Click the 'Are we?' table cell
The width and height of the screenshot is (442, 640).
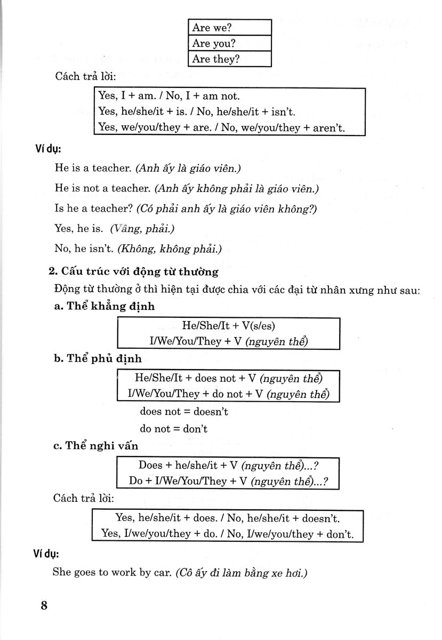pos(230,27)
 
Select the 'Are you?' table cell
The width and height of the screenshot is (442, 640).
pos(230,43)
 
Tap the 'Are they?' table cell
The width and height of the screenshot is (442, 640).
pos(230,59)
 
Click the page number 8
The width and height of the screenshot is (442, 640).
pos(44,606)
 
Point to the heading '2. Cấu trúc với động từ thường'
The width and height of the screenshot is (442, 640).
pos(133,272)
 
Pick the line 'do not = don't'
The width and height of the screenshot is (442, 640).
pos(174,428)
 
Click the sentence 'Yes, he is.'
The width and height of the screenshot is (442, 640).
pos(78,229)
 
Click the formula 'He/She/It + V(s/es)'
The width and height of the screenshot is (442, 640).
pos(228,325)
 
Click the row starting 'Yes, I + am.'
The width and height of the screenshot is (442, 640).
pos(170,97)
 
